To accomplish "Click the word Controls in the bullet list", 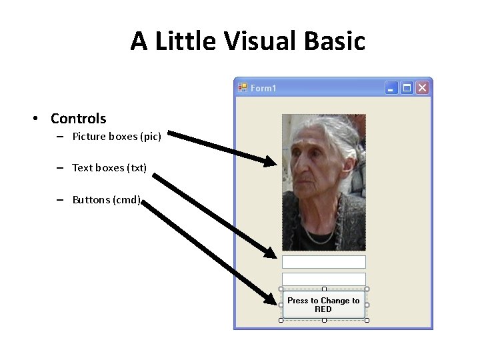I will [x=78, y=119].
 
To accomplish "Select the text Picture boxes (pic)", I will [x=116, y=137].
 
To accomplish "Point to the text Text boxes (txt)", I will [x=109, y=168].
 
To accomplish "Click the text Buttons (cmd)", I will [x=106, y=199].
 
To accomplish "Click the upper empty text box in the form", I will [x=324, y=262].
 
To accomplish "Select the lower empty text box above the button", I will [x=324, y=279].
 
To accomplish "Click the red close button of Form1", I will [x=422, y=88].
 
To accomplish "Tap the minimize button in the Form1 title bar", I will [x=391, y=88].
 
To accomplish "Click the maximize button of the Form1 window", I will [x=406, y=88].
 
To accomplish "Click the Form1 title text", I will [x=263, y=88].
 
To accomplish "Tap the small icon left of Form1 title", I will [x=243, y=87].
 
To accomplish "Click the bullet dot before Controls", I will [x=34, y=119].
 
